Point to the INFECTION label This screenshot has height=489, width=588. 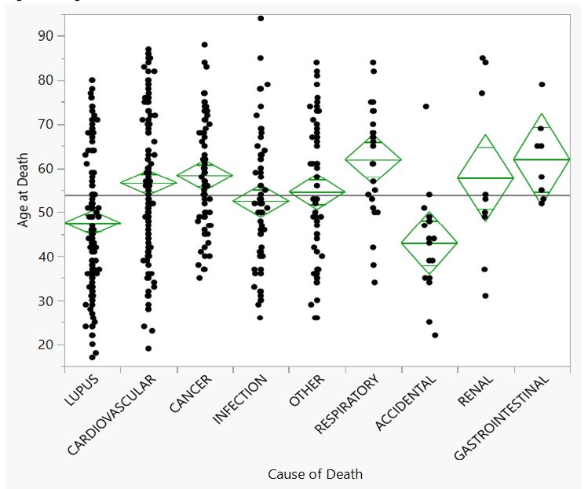(x=239, y=400)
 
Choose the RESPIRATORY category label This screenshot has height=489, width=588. (x=347, y=404)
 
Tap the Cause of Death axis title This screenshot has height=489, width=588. (x=315, y=473)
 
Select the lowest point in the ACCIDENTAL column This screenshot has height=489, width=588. (x=435, y=335)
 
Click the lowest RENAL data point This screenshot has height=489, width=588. (x=485, y=296)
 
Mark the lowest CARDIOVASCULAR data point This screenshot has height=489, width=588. (x=148, y=349)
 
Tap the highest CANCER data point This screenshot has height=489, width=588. (x=205, y=45)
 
